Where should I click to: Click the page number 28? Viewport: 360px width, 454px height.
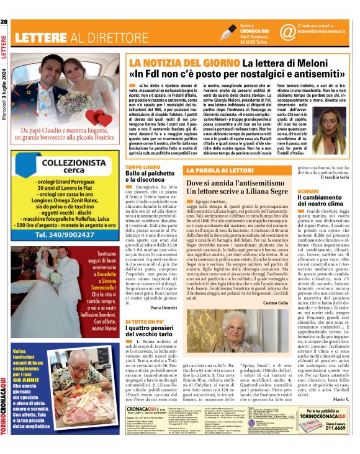coord(5,22)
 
